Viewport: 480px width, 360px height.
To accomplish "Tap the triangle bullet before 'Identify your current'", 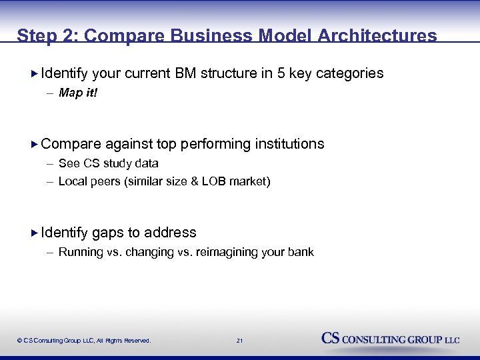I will tap(35, 73).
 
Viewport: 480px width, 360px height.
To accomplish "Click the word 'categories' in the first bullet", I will tap(349, 73).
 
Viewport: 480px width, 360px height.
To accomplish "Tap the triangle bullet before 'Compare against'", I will tap(35, 144).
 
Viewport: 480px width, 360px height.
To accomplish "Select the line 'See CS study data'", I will tap(108, 163).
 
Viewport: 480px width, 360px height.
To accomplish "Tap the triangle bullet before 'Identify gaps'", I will tap(35, 233).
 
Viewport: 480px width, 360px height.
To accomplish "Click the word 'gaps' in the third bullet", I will tap(107, 233).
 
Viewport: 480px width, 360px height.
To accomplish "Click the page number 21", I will tap(239, 341).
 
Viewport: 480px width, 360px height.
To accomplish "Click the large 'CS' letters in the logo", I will tap(331, 338).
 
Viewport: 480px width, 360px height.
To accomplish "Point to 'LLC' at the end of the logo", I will tap(452, 340).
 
